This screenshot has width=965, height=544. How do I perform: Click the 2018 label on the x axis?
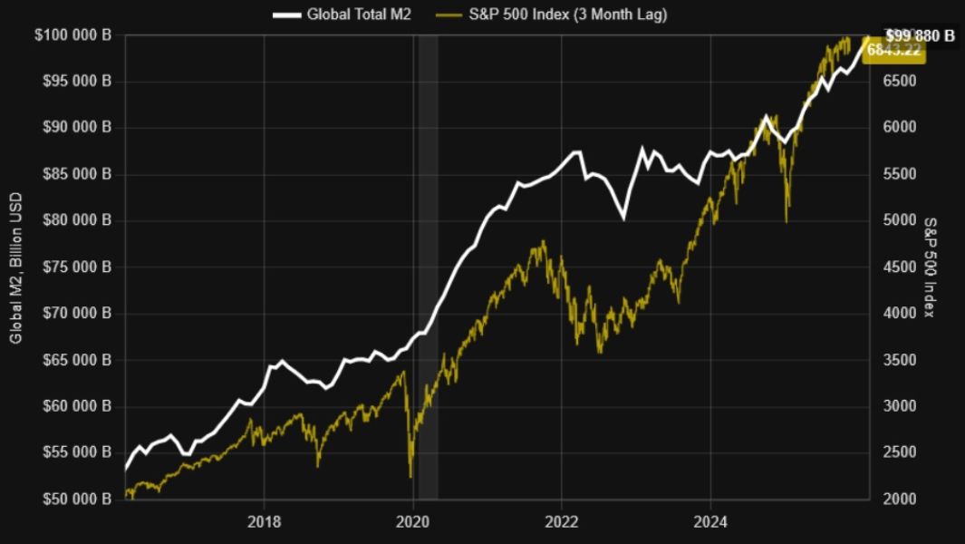coord(264,521)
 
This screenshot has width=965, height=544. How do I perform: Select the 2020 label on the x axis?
coord(413,521)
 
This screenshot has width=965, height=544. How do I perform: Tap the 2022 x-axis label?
coord(562,521)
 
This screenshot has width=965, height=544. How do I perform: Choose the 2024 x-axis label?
coord(710,521)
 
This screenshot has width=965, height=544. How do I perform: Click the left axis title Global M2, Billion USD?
coord(15,268)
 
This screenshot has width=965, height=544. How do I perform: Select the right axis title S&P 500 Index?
coord(930,267)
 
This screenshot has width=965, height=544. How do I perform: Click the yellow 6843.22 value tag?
coord(894,51)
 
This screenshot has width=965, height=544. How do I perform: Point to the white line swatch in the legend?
coord(285,15)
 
